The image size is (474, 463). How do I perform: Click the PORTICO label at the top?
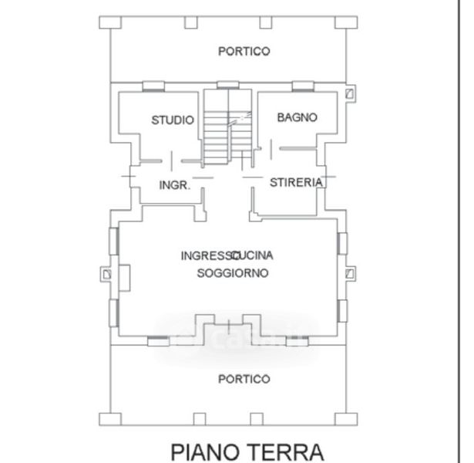tap(244, 51)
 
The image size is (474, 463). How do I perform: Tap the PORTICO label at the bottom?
tap(244, 379)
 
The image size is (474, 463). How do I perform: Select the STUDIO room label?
tap(173, 120)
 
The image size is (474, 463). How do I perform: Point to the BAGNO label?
tap(297, 117)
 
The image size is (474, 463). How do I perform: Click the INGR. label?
tap(174, 185)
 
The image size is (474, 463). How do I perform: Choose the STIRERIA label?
tap(295, 183)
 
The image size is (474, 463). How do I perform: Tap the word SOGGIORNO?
tap(232, 273)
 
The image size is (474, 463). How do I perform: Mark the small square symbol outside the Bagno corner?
tap(351, 94)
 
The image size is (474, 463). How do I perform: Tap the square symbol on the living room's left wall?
tap(106, 274)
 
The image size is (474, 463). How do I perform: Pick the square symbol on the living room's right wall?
tap(351, 274)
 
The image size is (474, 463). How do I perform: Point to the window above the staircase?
tap(228, 84)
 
